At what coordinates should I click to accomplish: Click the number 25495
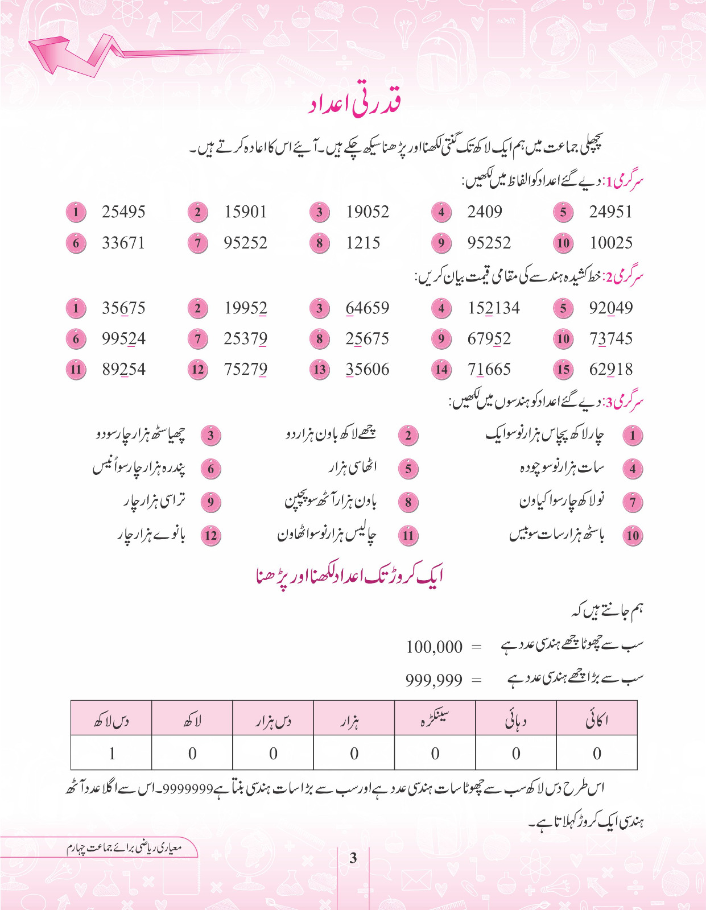123,212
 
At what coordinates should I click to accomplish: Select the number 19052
368,212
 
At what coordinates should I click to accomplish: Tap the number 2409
485,212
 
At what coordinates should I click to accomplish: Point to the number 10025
611,243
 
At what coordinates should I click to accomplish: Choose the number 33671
123,243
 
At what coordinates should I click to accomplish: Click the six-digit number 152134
494,308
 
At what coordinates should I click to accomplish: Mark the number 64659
368,308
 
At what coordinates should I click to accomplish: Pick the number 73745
611,339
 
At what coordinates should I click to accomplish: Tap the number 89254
123,370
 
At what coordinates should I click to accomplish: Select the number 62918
611,370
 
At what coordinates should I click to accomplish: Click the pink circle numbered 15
563,370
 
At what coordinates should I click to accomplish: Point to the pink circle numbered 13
320,370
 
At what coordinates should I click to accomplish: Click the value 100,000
434,647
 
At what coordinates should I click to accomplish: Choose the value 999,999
434,680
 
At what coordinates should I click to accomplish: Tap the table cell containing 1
112,754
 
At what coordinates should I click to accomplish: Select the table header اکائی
597,720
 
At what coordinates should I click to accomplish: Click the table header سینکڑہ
435,720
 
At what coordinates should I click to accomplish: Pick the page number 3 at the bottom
353,858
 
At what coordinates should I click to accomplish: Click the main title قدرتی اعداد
355,105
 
